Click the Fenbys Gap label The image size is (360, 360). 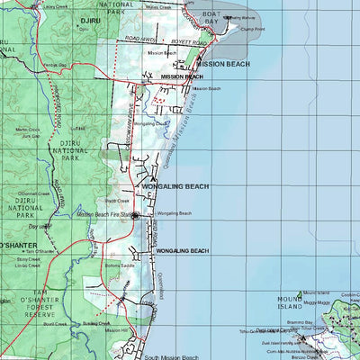[31, 66]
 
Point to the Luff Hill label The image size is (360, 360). [79, 128]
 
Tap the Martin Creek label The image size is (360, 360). [28, 130]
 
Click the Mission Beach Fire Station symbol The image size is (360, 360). [135, 216]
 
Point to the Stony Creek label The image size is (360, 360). [27, 259]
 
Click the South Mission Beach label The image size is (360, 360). [169, 356]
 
